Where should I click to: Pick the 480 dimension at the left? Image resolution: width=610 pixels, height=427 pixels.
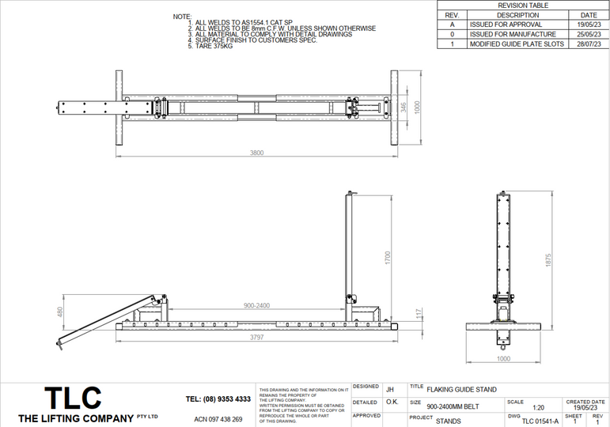pos(59,313)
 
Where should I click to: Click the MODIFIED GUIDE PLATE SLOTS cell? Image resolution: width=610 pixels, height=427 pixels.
pos(517,44)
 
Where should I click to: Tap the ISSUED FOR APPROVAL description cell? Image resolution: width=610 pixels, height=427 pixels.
pos(506,25)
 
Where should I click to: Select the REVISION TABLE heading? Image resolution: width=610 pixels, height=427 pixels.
pos(522,6)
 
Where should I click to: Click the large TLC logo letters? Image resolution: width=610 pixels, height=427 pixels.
pos(72,397)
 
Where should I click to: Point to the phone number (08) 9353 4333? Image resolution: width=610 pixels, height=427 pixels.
pos(218,399)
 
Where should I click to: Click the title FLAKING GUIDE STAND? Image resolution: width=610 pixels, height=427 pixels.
pos(461,390)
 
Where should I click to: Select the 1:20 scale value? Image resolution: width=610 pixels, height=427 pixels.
pos(539,408)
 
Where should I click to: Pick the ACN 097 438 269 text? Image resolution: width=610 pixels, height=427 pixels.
pos(218,419)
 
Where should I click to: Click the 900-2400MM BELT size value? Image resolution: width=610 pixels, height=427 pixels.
pos(453,406)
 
